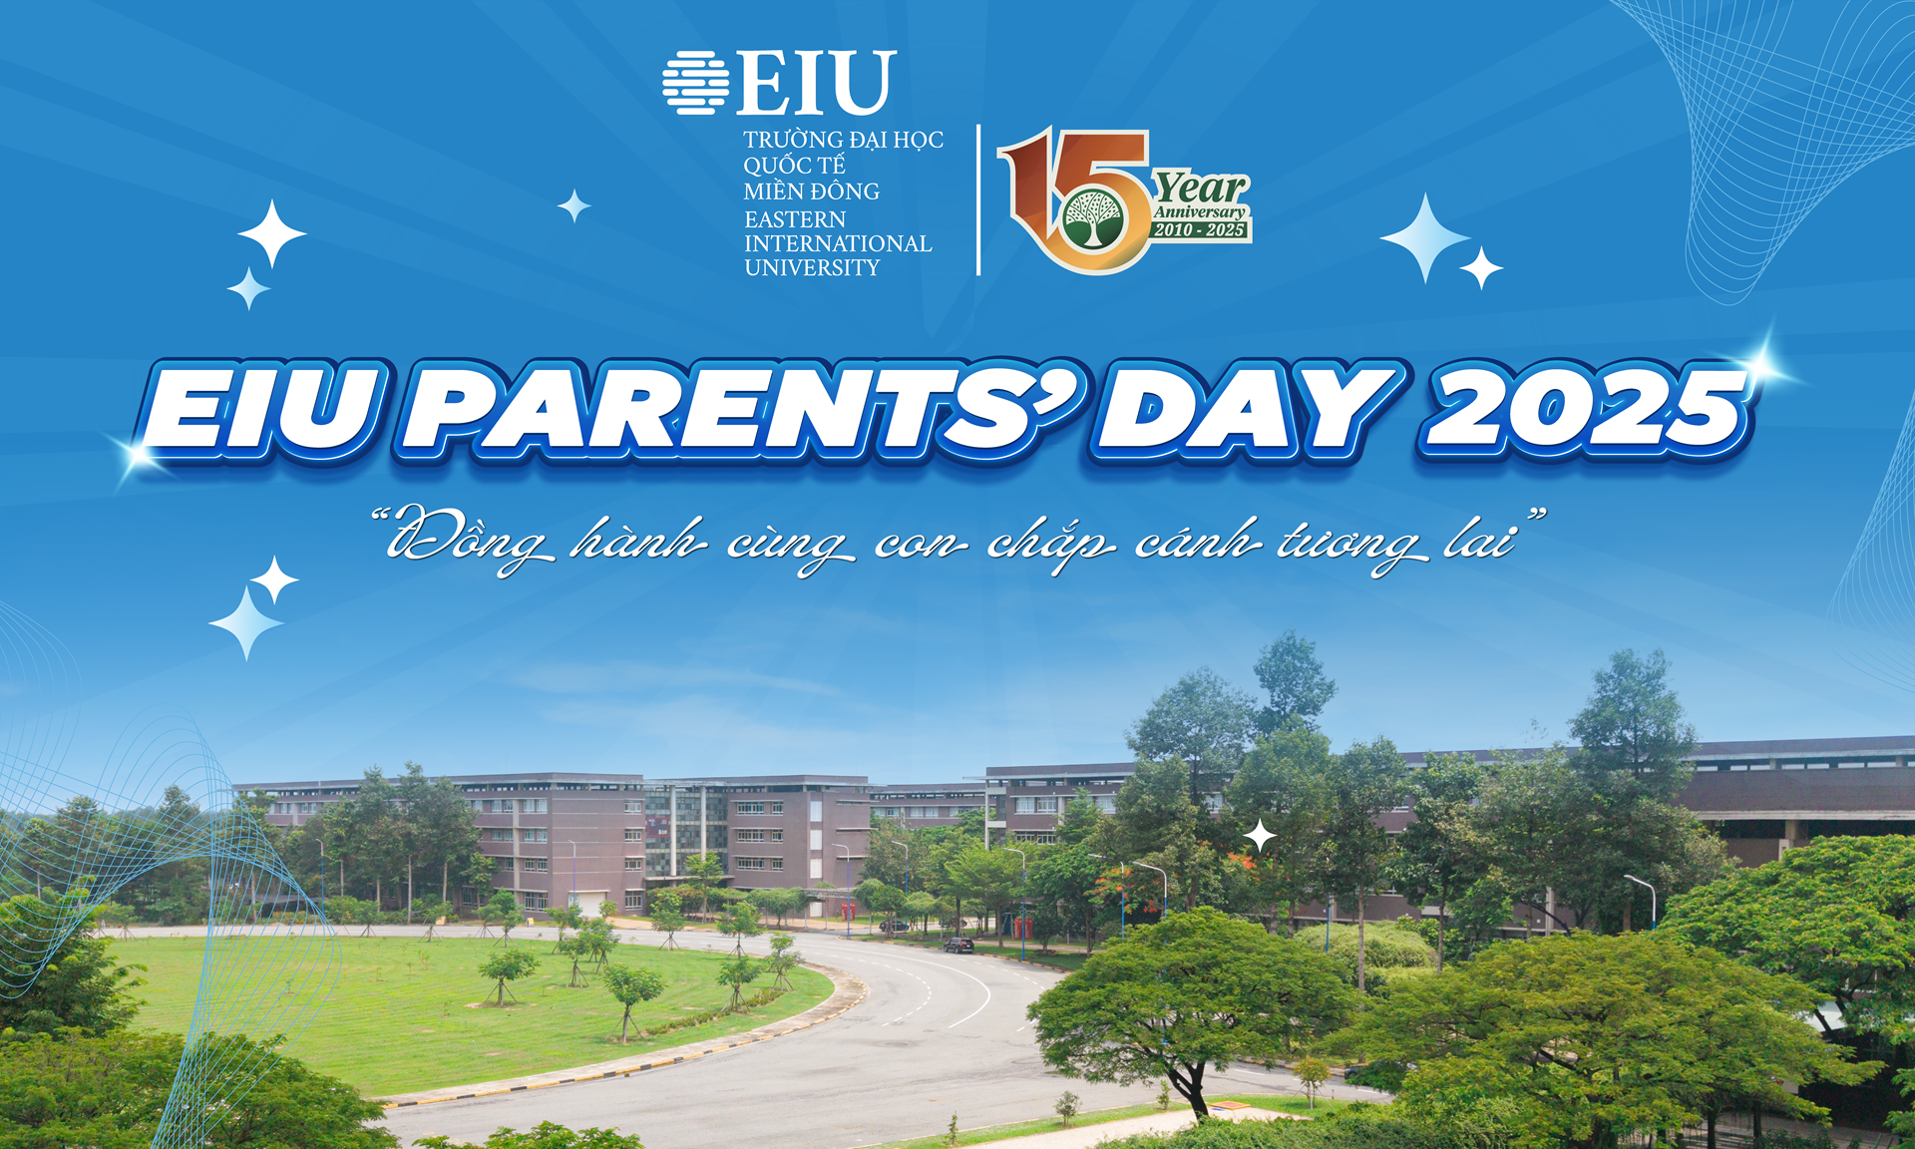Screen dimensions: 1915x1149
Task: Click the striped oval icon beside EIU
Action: (696, 82)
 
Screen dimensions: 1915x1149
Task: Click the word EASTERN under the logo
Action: (795, 219)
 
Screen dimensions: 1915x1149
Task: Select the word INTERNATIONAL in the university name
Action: (838, 243)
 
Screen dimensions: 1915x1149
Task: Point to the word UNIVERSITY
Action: (812, 267)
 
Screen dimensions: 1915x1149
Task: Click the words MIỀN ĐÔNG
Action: (811, 191)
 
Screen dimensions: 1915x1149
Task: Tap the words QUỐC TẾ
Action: (794, 165)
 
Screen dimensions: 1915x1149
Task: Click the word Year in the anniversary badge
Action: (1201, 187)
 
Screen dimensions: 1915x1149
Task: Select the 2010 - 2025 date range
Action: (1200, 230)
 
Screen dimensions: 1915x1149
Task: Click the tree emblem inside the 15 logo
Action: (1092, 219)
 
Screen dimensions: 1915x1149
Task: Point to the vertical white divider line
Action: (978, 199)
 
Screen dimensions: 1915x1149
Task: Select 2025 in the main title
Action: (1586, 409)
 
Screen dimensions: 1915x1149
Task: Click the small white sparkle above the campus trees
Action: (1261, 836)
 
